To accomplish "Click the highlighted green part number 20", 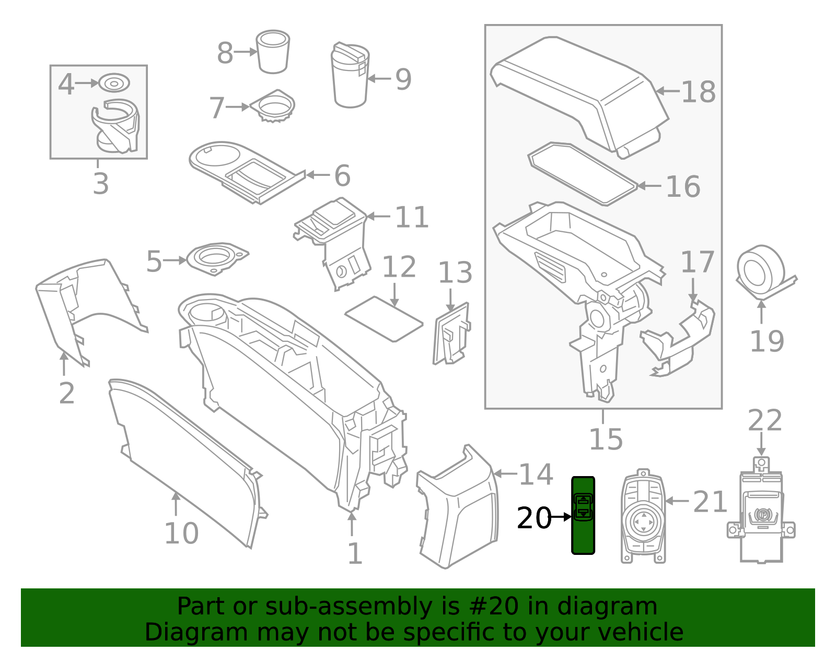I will click(x=583, y=515).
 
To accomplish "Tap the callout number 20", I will click(x=533, y=518).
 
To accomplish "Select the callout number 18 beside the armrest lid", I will click(x=698, y=92).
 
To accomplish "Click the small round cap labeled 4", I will click(x=114, y=83).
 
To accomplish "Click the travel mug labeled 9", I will click(x=350, y=76).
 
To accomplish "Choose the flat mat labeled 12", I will click(x=384, y=318).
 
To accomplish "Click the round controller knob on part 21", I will click(x=643, y=521).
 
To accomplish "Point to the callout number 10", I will click(x=181, y=533).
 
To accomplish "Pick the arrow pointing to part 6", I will click(x=317, y=175).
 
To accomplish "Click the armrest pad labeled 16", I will click(x=583, y=174).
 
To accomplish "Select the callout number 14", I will click(x=536, y=475).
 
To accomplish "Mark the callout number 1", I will click(x=355, y=553).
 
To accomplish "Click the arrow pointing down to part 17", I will click(x=693, y=290).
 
